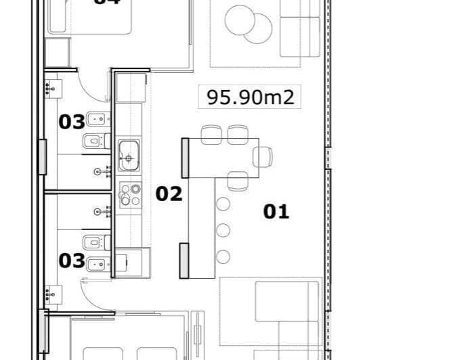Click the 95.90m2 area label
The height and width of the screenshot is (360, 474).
(251, 97)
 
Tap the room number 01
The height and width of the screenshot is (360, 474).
(276, 212)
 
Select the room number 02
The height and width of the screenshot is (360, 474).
(169, 194)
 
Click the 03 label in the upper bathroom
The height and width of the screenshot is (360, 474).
(72, 122)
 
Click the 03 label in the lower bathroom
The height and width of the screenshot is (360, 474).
(72, 261)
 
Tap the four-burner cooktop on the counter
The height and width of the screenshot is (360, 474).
(129, 194)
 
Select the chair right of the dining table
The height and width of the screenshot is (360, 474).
(263, 156)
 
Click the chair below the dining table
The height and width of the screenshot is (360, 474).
(238, 181)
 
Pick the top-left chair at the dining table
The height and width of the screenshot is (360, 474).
(211, 134)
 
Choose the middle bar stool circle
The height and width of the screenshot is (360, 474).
(223, 230)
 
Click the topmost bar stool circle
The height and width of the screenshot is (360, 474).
(223, 204)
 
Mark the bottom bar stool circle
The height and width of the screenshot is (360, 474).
(223, 256)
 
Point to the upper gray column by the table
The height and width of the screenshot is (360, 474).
(184, 158)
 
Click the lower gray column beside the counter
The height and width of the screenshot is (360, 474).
(184, 260)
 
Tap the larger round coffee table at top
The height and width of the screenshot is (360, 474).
(241, 20)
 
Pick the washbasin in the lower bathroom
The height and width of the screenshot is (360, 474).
(52, 294)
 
